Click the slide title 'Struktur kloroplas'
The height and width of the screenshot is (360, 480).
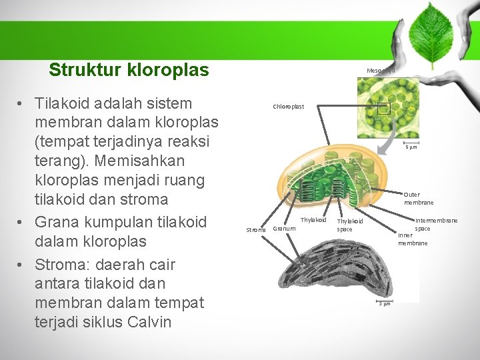tap(129, 70)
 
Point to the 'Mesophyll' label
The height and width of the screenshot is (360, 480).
tap(381, 70)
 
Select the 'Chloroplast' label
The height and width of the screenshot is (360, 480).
tap(288, 107)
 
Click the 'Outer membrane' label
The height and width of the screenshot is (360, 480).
tap(418, 198)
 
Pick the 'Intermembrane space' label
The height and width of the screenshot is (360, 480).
tap(436, 224)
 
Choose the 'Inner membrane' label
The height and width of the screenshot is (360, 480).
tap(412, 239)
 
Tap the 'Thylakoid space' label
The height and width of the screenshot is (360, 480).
tap(350, 225)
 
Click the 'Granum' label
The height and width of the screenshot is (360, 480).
tap(285, 229)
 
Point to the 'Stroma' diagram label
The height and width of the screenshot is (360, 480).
tap(256, 230)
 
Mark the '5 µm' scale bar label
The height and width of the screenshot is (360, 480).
tap(411, 147)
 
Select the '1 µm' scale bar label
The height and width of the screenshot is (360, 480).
tap(385, 304)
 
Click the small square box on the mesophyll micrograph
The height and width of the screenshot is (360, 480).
tap(383, 109)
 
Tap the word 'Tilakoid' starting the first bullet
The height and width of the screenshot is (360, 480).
tap(65, 104)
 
